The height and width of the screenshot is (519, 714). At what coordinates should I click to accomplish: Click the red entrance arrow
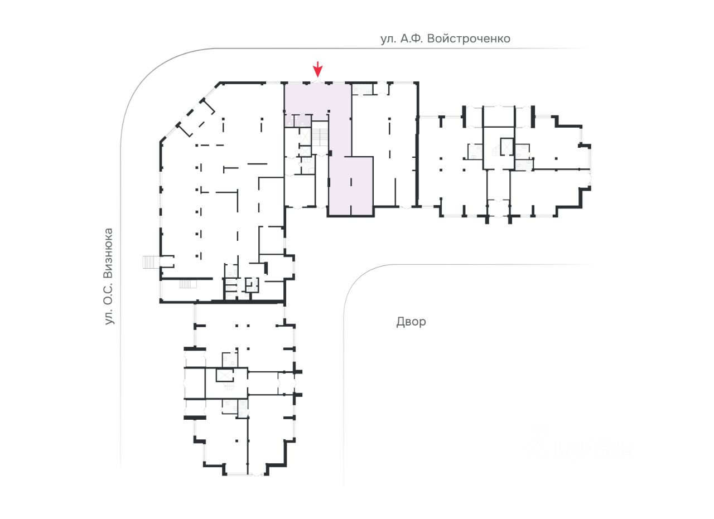[x=317, y=70]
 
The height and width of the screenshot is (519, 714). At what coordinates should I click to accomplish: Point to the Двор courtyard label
[x=411, y=322]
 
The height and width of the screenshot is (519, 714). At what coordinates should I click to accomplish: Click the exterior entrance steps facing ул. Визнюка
[x=149, y=261]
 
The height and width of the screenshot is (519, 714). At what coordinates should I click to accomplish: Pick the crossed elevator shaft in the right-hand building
[x=506, y=146]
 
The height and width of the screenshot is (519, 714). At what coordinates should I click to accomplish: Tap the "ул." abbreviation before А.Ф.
[x=388, y=39]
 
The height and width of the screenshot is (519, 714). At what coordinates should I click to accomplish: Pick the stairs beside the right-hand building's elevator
[x=496, y=150]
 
